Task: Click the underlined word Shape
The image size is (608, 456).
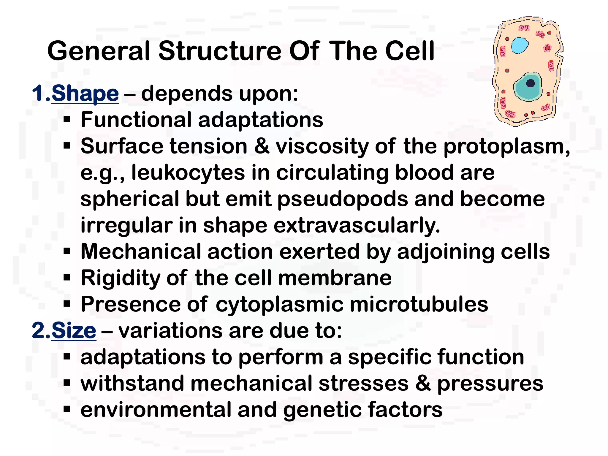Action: point(85,94)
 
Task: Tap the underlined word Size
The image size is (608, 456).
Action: point(74,330)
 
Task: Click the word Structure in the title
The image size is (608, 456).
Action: point(220,51)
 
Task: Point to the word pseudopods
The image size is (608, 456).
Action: point(343,199)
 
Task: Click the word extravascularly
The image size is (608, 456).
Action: point(357,225)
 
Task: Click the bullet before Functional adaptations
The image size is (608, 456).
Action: point(67,120)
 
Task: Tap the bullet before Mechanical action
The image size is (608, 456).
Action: point(67,251)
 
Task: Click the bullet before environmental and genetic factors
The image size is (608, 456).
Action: point(67,409)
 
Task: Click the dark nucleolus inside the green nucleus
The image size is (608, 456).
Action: point(530,83)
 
